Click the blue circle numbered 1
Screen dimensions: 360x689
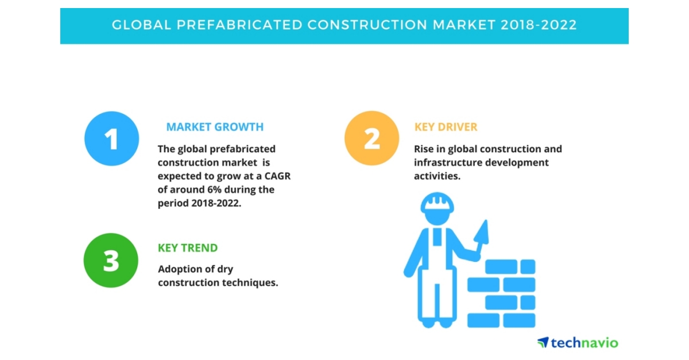[111, 138]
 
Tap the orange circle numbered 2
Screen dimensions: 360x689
[371, 138]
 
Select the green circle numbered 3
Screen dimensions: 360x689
[111, 260]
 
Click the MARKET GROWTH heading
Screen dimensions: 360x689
[215, 127]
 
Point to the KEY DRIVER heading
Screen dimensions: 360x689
[446, 127]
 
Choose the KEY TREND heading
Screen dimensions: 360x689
[188, 248]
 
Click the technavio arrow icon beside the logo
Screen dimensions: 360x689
[543, 343]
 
